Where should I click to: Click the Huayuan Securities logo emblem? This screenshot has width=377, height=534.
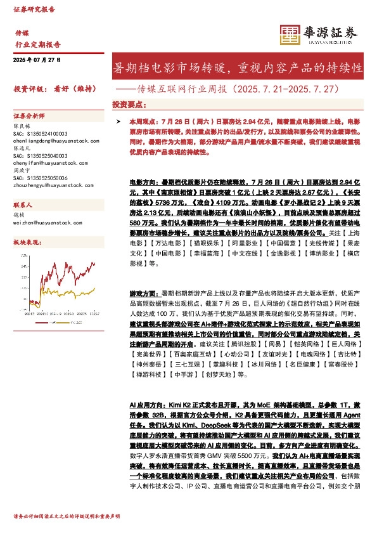coord(291,33)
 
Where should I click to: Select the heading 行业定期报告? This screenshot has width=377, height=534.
coord(38,44)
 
